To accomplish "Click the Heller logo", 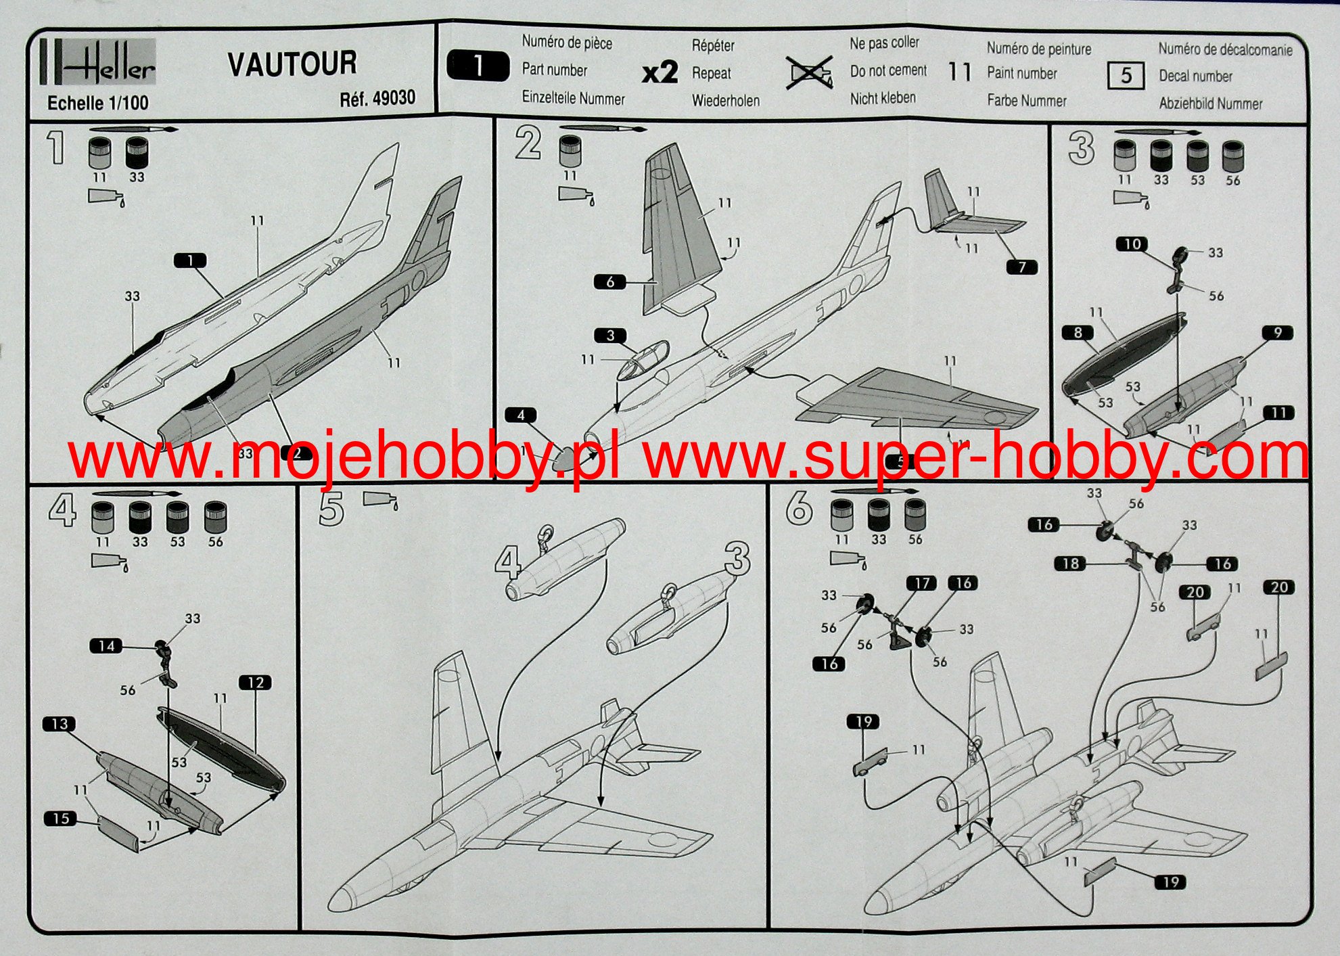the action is pyautogui.click(x=99, y=62).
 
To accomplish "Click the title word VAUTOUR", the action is pyautogui.click(x=292, y=64).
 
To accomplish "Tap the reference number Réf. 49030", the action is pyautogui.click(x=377, y=98).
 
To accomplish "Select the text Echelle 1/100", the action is pyautogui.click(x=98, y=103).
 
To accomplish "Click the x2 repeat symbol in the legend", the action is pyautogui.click(x=660, y=72).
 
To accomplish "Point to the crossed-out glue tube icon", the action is pyautogui.click(x=810, y=72).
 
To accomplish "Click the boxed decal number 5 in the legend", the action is pyautogui.click(x=1126, y=76).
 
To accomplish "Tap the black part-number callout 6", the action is pyautogui.click(x=610, y=281).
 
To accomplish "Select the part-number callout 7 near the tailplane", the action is pyautogui.click(x=1021, y=267).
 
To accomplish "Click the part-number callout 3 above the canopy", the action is pyautogui.click(x=610, y=335).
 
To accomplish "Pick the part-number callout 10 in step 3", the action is pyautogui.click(x=1132, y=244).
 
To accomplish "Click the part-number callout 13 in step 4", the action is pyautogui.click(x=60, y=723).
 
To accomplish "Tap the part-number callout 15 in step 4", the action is pyautogui.click(x=61, y=818).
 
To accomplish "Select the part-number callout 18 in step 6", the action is pyautogui.click(x=1070, y=563).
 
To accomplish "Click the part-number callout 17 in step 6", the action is pyautogui.click(x=922, y=583).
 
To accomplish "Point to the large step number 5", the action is pyautogui.click(x=331, y=509).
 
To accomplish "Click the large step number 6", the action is pyautogui.click(x=799, y=508).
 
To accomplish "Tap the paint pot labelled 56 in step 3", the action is pyautogui.click(x=1232, y=156).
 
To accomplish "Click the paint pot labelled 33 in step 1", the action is pyautogui.click(x=137, y=153).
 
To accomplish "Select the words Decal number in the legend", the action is pyautogui.click(x=1196, y=76).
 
